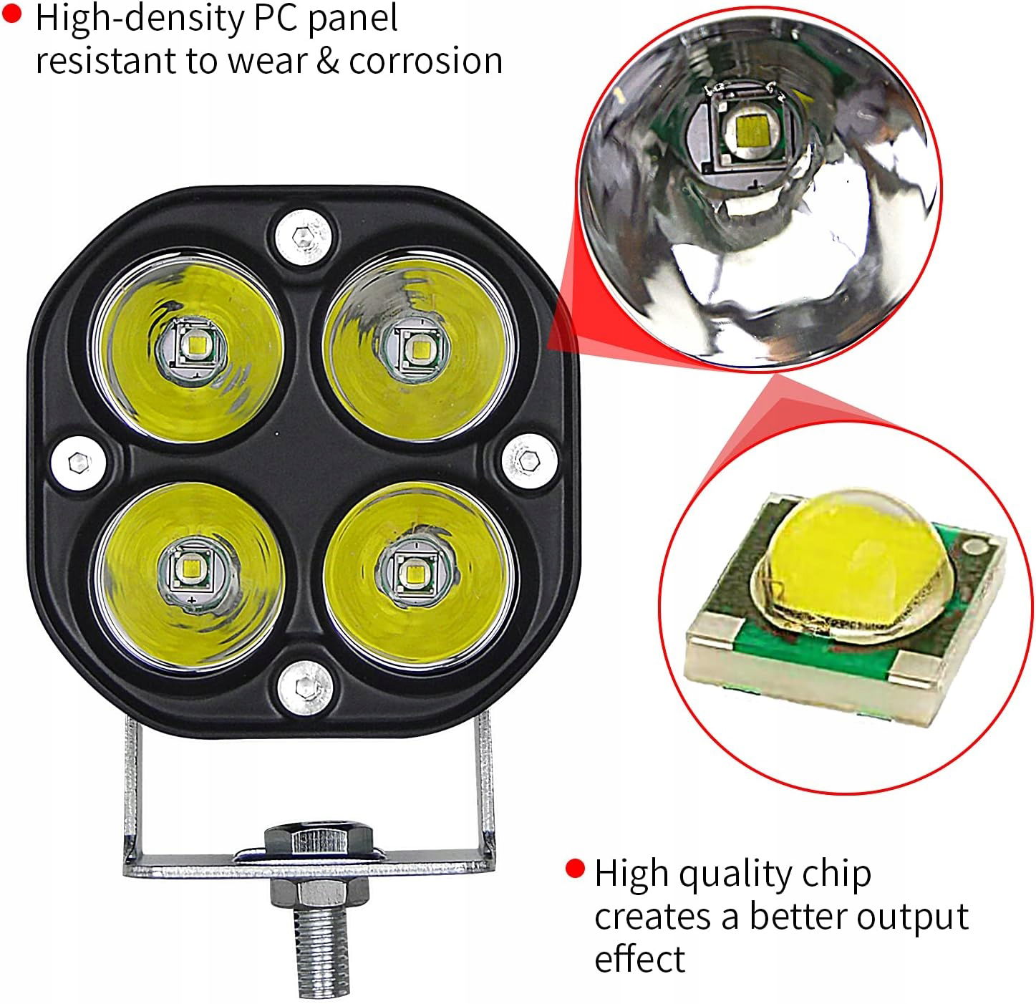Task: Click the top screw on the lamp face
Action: point(304,237)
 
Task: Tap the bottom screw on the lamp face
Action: point(305,688)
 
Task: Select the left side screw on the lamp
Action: point(79,463)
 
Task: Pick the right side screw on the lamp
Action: point(528,460)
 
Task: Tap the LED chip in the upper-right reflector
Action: point(418,348)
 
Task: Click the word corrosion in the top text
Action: point(426,61)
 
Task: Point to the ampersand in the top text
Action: point(329,59)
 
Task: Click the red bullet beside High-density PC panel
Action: point(11,14)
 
